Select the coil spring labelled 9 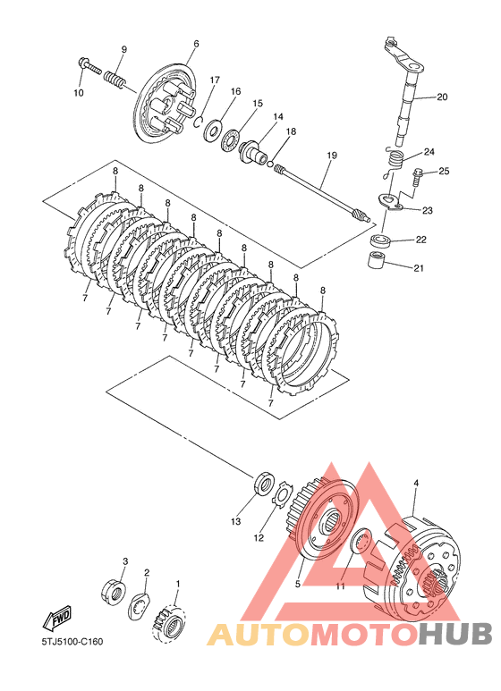(x=115, y=80)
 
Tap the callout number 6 (x=196, y=44)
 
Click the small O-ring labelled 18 (x=270, y=164)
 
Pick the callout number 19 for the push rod (x=332, y=156)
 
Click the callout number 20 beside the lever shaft (x=442, y=97)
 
